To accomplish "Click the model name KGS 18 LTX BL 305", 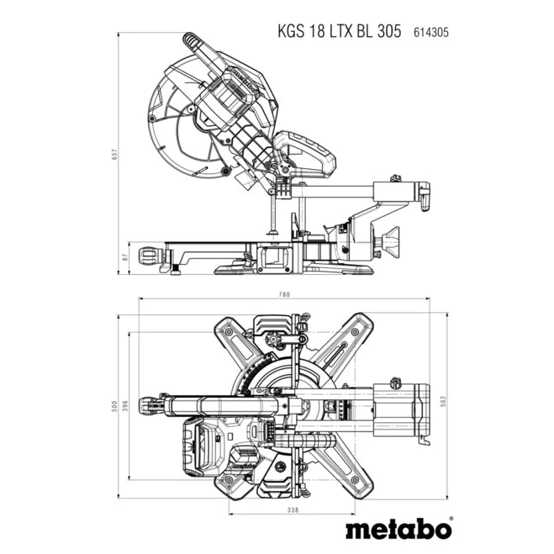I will coord(340,31).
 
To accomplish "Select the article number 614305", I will coord(431,32).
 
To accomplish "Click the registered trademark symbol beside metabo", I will coord(450,520).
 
